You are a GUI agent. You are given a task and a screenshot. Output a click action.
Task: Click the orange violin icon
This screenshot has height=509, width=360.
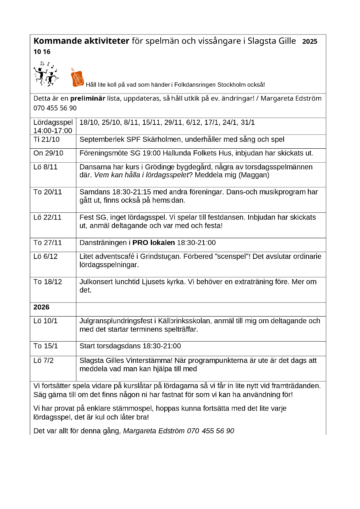point(77,77)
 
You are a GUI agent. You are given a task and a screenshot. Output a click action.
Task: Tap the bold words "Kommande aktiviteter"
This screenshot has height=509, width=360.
point(81,41)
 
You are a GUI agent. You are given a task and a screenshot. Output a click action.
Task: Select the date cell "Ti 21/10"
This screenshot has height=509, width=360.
point(46,140)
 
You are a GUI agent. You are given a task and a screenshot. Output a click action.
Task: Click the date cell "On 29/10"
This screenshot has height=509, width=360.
point(48,153)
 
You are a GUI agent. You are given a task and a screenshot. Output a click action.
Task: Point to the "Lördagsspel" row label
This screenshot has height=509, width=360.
point(53,122)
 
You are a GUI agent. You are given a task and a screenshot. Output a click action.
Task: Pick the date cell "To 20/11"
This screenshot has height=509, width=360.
point(48,192)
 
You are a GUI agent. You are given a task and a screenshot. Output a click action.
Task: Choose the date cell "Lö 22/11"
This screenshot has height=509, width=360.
point(47,217)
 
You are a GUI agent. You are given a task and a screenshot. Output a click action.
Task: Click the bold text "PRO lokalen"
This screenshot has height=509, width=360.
point(154,243)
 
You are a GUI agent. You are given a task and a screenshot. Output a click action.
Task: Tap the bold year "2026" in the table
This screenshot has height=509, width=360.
point(41,307)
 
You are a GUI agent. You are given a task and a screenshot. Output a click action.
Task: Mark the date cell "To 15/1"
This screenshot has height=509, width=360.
point(46,346)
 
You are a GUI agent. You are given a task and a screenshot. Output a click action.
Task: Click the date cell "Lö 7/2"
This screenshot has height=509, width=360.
point(44,361)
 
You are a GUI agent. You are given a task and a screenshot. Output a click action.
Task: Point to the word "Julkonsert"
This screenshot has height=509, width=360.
point(97,282)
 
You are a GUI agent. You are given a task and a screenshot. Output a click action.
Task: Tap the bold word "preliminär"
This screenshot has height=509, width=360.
point(88,98)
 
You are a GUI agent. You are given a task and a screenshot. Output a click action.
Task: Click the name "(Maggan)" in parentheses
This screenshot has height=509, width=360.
point(257,175)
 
